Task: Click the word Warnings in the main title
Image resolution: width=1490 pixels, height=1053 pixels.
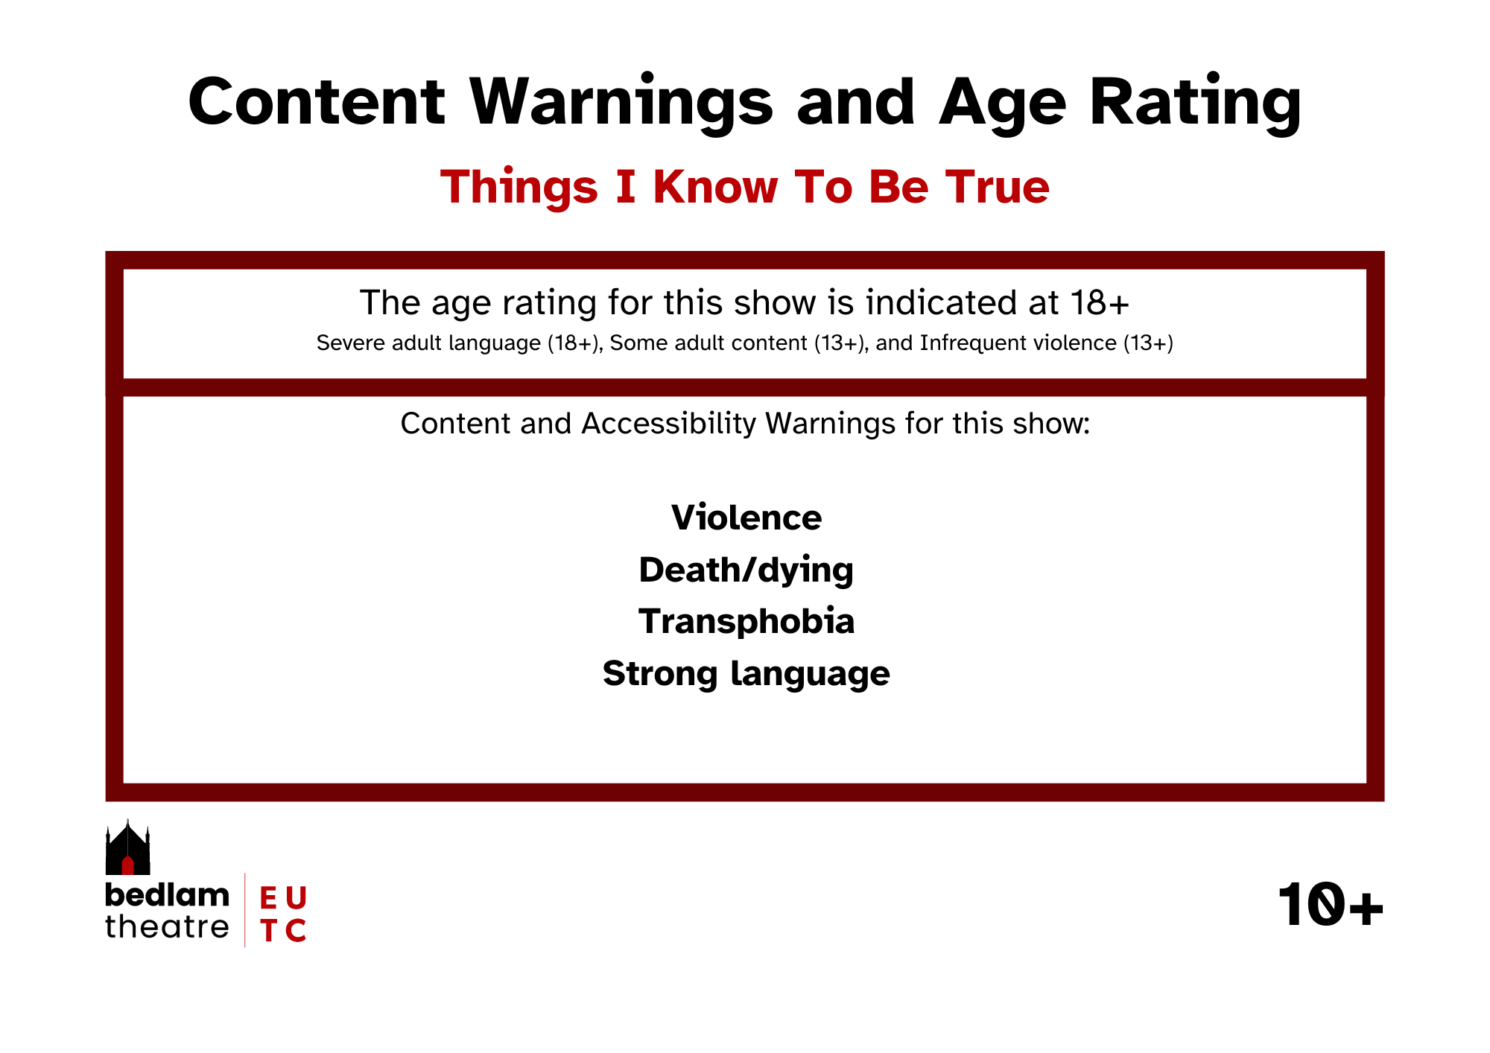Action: coord(622,104)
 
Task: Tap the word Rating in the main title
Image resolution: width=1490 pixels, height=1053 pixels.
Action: coord(1196,104)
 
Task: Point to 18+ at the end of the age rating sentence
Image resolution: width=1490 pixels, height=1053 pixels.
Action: coord(1100,302)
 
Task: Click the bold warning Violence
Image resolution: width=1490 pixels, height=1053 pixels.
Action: coord(746,518)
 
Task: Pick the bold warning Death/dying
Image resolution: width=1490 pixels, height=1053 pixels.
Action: coord(746,570)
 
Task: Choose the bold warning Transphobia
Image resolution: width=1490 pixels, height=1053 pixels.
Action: coord(746,621)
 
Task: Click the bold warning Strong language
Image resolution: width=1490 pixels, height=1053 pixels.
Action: coord(746,674)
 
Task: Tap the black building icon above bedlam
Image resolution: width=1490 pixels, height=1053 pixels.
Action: coord(127,847)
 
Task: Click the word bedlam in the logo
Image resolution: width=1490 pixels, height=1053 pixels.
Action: coord(167,895)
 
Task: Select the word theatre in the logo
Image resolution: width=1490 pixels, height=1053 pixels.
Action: coord(167,927)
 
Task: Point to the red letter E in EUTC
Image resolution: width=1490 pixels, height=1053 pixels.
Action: coord(268,898)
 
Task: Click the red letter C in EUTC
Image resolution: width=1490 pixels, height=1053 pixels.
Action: coord(296,930)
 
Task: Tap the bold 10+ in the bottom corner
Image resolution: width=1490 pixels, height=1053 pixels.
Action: coord(1331,906)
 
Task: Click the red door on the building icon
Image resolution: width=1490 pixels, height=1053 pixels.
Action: coord(127,865)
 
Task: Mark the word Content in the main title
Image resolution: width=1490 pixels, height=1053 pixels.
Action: coord(317,104)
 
